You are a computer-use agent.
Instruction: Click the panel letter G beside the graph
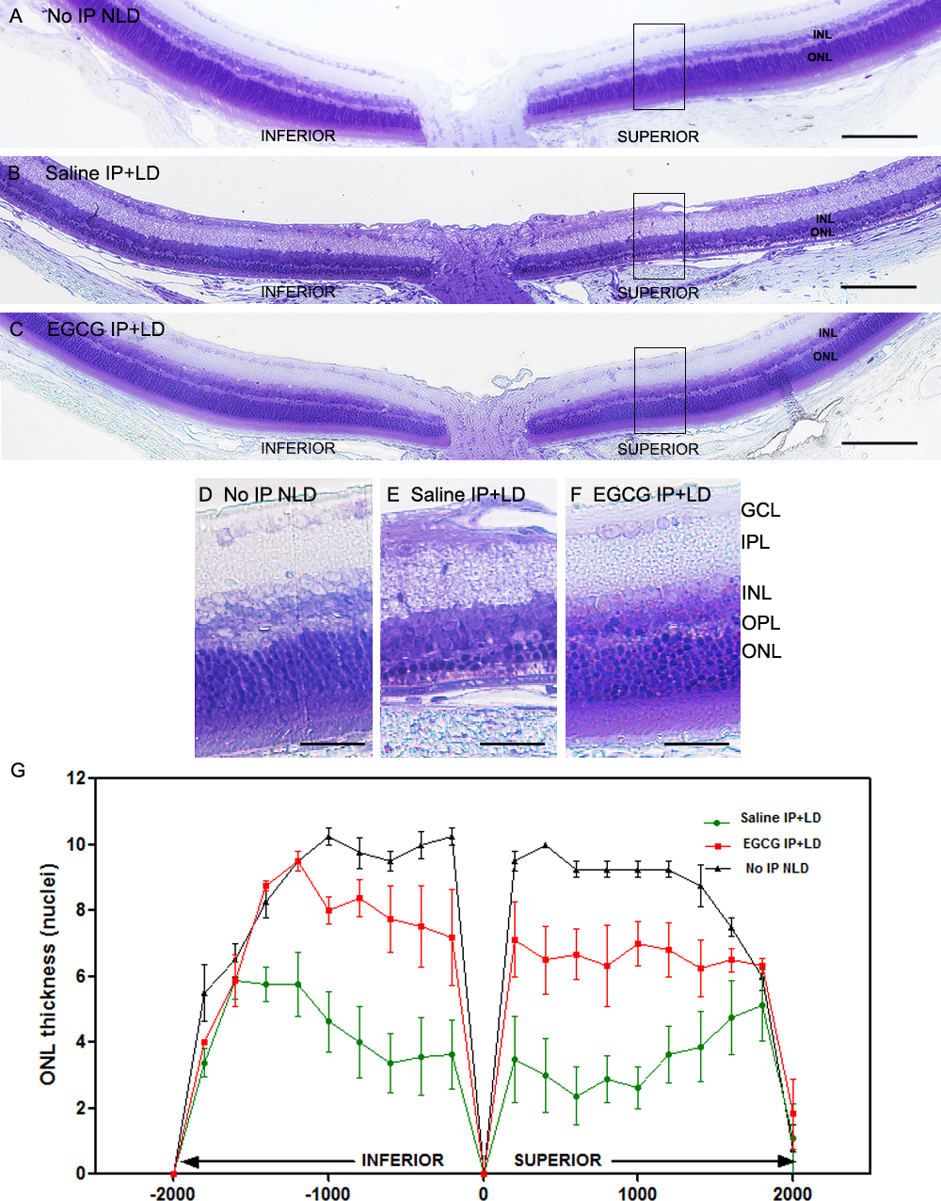[18, 770]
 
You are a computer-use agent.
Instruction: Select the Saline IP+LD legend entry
[779, 818]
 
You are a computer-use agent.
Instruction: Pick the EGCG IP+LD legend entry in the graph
[781, 843]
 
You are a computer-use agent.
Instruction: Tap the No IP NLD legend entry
[776, 868]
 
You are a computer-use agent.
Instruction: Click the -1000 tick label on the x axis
[327, 1193]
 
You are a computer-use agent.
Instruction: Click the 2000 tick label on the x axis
[792, 1193]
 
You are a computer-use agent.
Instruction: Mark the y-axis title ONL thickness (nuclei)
[48, 974]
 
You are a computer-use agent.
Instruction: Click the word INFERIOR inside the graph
[402, 1160]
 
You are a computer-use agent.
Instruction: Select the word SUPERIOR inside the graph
[557, 1160]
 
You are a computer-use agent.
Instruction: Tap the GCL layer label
[760, 510]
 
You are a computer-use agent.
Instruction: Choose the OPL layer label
[760, 622]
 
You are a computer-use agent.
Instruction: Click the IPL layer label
[756, 542]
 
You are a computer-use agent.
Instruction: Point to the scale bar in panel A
[879, 136]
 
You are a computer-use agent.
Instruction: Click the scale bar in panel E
[512, 744]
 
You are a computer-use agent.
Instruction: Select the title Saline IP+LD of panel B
[102, 173]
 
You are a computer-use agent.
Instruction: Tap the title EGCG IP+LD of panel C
[105, 329]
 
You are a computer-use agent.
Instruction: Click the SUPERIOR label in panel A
[658, 136]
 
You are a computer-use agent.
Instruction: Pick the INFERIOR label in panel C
[297, 448]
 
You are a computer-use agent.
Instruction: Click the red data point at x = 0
[484, 1174]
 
